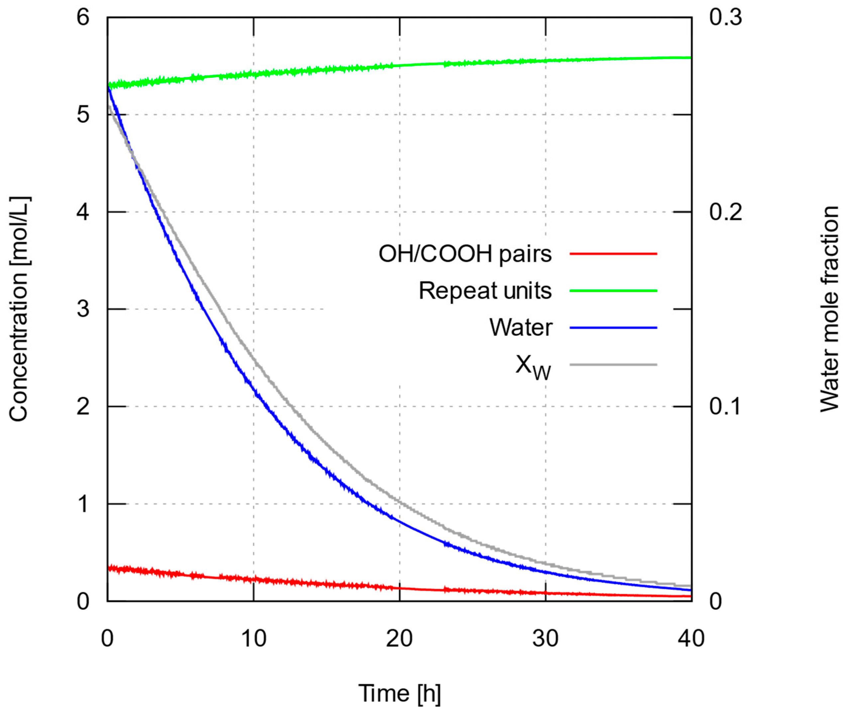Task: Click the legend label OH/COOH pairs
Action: point(465,254)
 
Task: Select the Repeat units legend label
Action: point(485,291)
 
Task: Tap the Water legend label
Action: point(521,327)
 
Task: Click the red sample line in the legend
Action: point(613,254)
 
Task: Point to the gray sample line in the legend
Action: point(613,364)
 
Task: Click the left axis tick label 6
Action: point(83,18)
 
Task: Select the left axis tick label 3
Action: point(83,309)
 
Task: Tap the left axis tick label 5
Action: point(83,115)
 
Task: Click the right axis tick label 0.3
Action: point(725,18)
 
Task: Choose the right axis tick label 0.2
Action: point(725,212)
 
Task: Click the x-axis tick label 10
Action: point(254,638)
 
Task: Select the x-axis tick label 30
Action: point(545,638)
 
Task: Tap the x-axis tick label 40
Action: point(691,638)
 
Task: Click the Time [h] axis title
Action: point(399,693)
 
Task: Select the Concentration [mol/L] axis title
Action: point(19,309)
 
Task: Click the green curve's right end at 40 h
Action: point(690,58)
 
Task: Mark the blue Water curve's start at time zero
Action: point(108,87)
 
